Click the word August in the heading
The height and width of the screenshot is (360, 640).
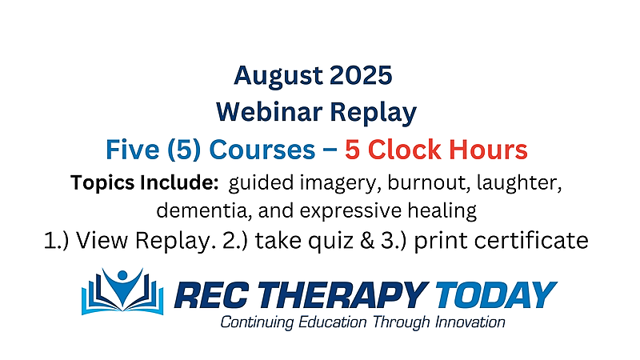pos(278,76)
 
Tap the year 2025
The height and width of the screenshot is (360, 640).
pos(361,75)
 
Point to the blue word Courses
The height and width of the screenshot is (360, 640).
pos(262,150)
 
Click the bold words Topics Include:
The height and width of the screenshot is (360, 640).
pos(145,182)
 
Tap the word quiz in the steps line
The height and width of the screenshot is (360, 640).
pos(330,241)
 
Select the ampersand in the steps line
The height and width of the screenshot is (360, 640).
pos(367,241)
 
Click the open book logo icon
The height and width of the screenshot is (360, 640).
pos(122,291)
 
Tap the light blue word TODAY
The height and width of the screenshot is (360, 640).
pos(494,294)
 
